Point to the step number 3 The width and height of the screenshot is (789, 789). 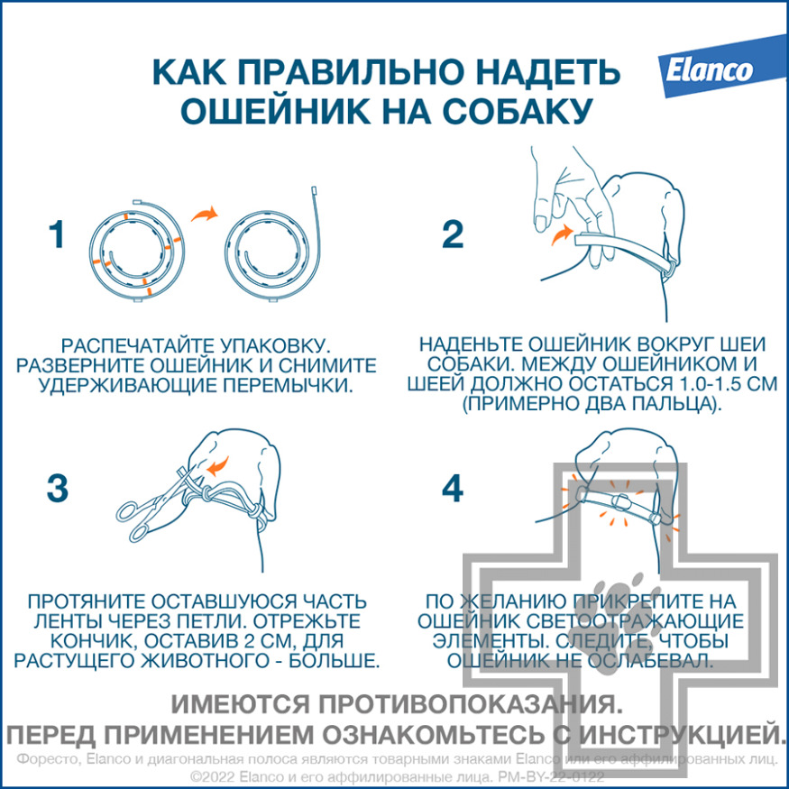(x=58, y=488)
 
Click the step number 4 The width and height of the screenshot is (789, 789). (x=452, y=488)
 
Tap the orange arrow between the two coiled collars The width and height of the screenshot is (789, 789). (x=205, y=214)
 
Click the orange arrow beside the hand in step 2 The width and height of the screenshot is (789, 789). (x=562, y=234)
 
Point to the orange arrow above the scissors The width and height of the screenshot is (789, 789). (x=217, y=466)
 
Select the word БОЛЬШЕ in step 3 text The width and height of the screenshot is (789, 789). (x=332, y=661)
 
